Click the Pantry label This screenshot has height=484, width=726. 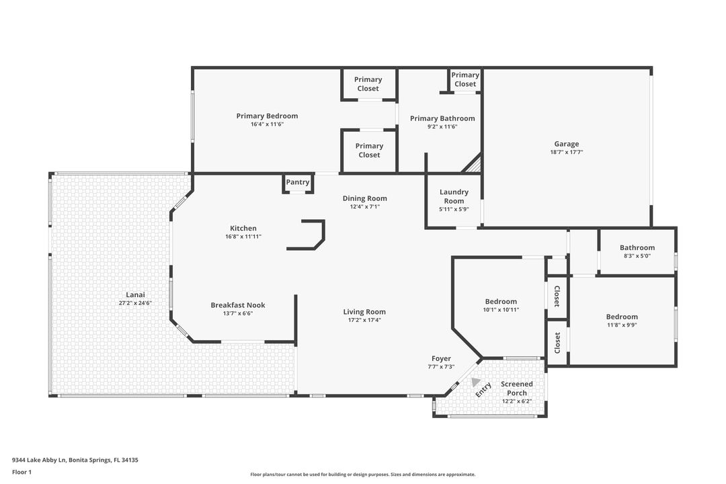[x=297, y=182]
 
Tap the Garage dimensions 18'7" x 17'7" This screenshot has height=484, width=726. [x=566, y=152]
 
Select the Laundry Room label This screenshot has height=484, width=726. [x=454, y=196]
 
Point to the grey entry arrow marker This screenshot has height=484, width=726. [x=475, y=382]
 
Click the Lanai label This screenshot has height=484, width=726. [x=135, y=294]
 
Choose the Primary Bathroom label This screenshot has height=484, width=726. [x=442, y=118]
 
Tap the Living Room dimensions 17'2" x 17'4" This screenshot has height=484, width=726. [x=364, y=320]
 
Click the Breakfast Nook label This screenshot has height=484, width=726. [x=238, y=305]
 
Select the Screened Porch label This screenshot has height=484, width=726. [x=517, y=388]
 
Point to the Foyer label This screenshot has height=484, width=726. [x=441, y=358]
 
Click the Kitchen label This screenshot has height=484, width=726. [x=243, y=229]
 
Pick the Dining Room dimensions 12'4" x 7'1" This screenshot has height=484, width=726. [x=365, y=206]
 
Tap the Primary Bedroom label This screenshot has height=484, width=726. [x=267, y=116]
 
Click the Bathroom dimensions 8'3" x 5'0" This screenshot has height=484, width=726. [x=637, y=255]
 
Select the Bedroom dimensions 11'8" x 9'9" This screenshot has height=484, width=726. [x=622, y=325]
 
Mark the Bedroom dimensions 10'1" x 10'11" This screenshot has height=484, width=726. [x=501, y=309]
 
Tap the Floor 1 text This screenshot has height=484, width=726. [x=22, y=472]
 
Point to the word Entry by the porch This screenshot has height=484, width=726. [x=483, y=390]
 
